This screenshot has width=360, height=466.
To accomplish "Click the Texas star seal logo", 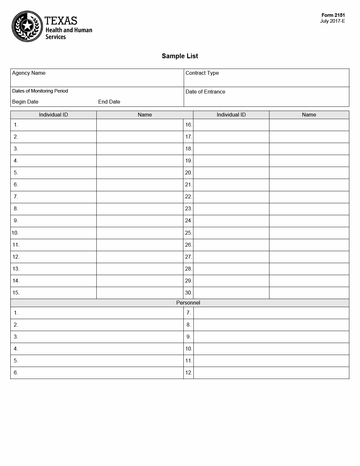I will tap(27, 26).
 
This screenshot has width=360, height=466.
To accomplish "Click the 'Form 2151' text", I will tap(333, 15).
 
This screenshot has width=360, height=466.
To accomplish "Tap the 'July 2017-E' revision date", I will tap(333, 21).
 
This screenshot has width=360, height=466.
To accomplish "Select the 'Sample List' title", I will tap(180, 56).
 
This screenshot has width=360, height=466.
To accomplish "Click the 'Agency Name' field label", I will tap(29, 73).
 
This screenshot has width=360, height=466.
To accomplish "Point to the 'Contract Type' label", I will tap(202, 73).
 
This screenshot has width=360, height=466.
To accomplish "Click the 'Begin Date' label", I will tap(25, 102).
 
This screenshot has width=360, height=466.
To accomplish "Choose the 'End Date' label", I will tap(109, 102).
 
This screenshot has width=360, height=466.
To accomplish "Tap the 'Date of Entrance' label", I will tap(205, 92).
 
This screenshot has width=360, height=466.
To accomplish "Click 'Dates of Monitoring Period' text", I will tap(40, 91).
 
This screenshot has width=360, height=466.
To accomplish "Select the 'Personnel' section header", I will tap(188, 303).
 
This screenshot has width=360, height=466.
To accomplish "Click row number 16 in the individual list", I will tap(189, 125).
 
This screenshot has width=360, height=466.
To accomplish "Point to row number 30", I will tap(189, 293).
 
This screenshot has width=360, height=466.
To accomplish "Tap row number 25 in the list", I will tap(189, 233).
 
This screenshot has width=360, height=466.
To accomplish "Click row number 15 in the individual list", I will tap(16, 293).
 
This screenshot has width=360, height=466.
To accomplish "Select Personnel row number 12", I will tap(189, 373).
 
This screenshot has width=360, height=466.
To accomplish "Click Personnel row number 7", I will tap(189, 313).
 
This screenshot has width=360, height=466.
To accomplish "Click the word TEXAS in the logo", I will tap(61, 21).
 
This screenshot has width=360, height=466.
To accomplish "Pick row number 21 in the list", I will tap(189, 185).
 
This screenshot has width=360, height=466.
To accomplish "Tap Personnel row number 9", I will tap(189, 337).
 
